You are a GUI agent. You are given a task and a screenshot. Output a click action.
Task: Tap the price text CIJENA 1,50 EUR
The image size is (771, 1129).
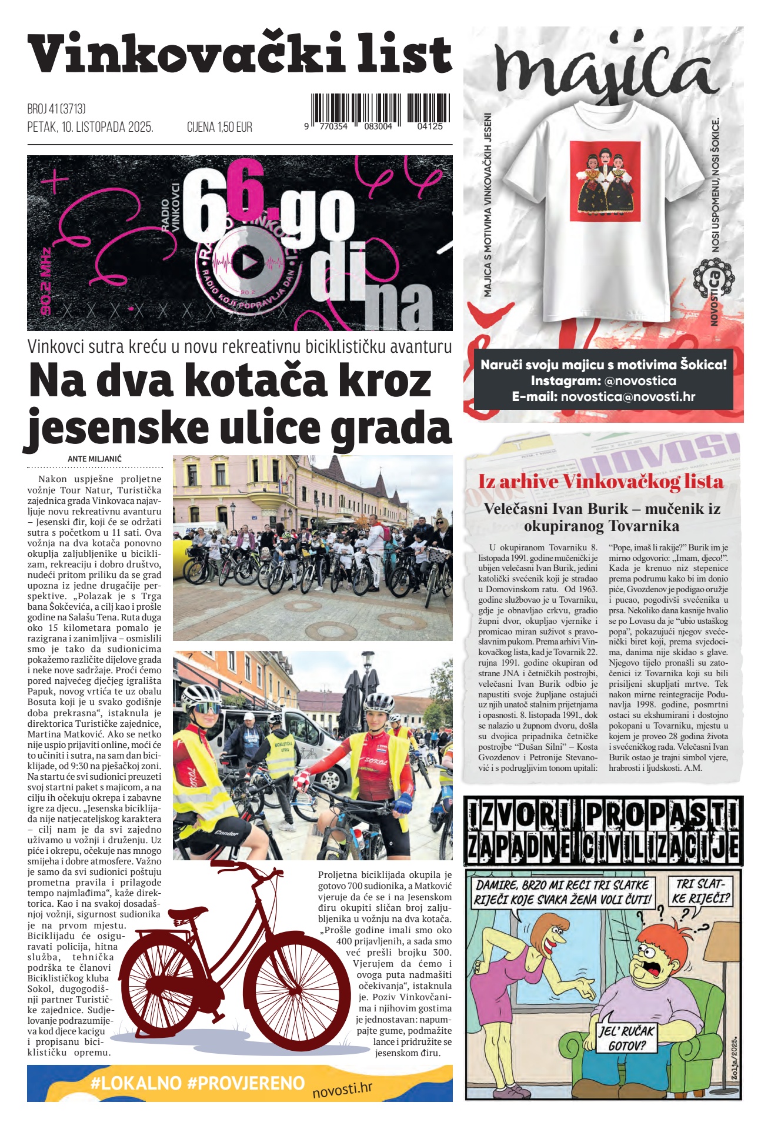(219, 127)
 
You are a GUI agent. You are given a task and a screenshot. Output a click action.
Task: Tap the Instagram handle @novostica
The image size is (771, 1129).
(640, 380)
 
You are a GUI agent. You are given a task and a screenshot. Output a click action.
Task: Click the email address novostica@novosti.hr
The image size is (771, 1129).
(628, 396)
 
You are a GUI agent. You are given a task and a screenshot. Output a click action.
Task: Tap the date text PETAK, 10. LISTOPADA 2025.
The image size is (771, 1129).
(90, 127)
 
